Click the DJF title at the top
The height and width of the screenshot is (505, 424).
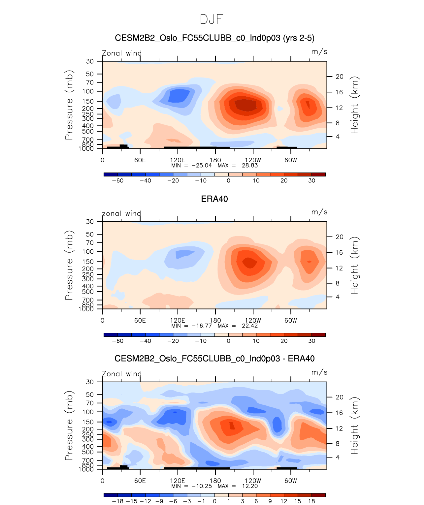click(x=212, y=19)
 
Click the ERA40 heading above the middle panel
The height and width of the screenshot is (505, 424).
click(x=214, y=199)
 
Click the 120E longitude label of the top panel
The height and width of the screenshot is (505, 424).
click(x=178, y=160)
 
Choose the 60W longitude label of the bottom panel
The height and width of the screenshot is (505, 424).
click(x=291, y=481)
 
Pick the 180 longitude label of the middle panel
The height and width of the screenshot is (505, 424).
click(x=215, y=320)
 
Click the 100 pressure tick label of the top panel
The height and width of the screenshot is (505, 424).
click(x=89, y=91)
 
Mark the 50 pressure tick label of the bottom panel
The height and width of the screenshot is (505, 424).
click(x=90, y=395)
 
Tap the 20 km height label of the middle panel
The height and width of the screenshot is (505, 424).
click(x=340, y=237)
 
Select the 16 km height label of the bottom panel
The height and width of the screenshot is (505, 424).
click(x=340, y=413)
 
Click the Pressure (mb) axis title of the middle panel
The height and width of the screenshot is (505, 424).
click(x=69, y=265)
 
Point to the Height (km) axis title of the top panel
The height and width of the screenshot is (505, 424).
click(x=354, y=105)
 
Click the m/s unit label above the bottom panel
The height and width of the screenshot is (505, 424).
click(x=319, y=372)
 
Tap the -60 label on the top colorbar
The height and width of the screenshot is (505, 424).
click(x=117, y=181)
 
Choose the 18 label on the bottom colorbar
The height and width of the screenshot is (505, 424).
click(x=311, y=501)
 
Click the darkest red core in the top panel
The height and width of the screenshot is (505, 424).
click(x=246, y=105)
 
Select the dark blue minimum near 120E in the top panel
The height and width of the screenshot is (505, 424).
click(x=179, y=96)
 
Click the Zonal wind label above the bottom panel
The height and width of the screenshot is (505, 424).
click(x=122, y=374)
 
